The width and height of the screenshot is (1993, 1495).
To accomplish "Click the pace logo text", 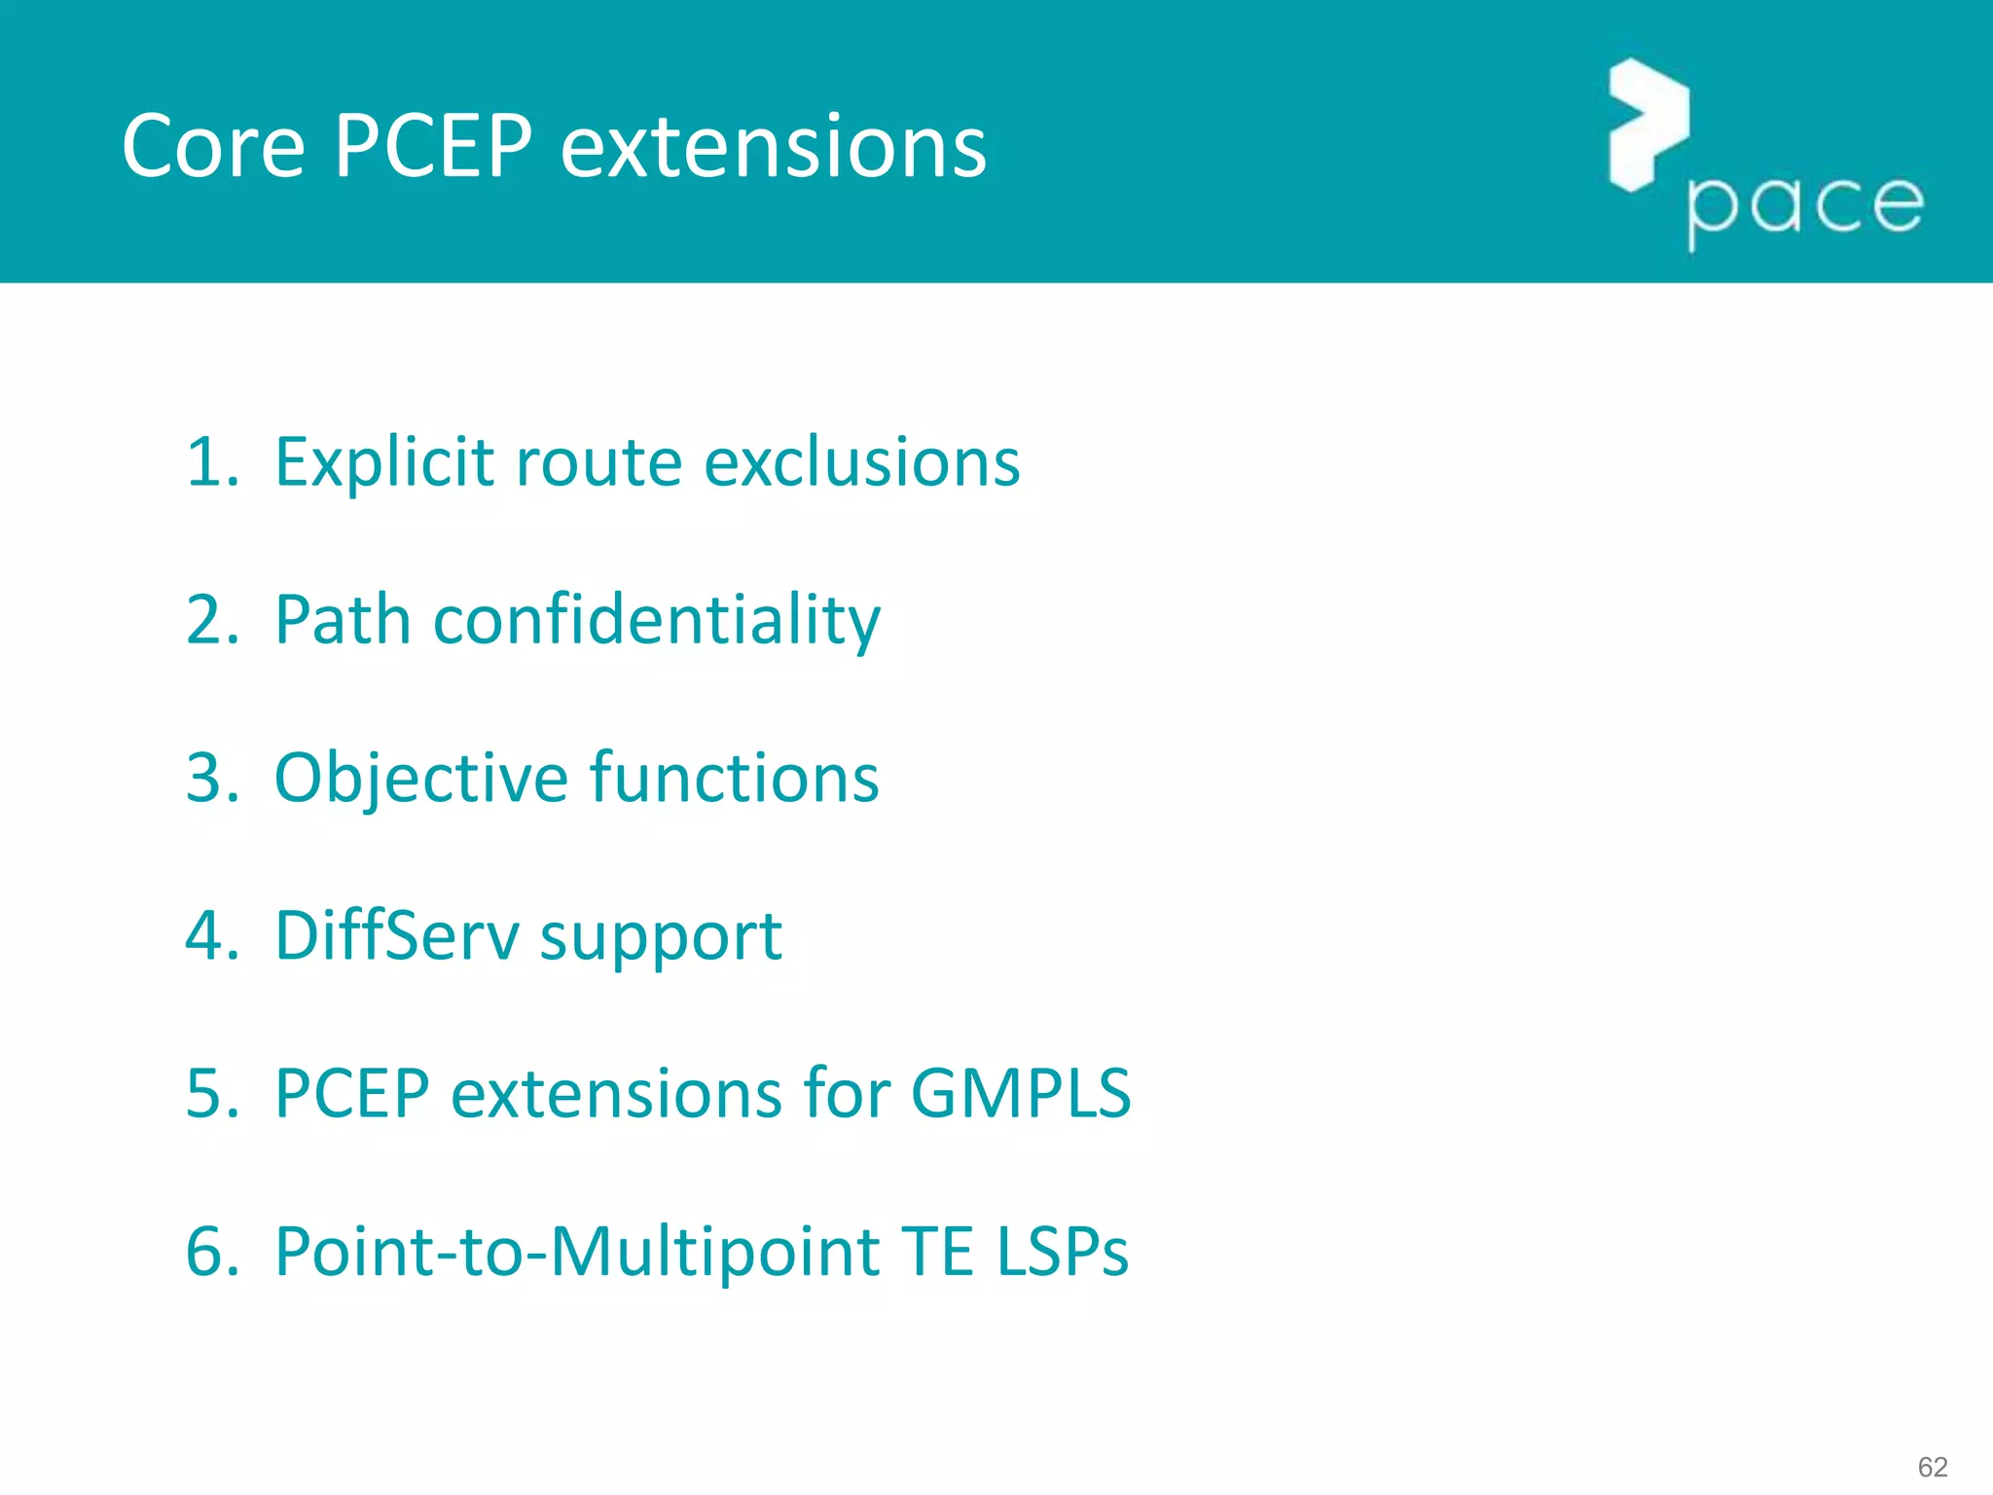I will point(1805,206).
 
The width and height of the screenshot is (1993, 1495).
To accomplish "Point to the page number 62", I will point(1932,1467).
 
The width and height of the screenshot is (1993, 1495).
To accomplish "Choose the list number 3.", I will point(210,778).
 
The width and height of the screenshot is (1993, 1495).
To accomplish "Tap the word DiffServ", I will point(396,935).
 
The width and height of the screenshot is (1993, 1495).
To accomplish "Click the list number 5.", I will point(210,1094).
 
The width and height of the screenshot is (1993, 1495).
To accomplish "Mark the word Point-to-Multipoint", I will point(578,1252).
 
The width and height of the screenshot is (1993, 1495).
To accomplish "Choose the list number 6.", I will point(210,1252).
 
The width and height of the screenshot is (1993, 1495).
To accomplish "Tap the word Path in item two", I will point(343,620).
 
